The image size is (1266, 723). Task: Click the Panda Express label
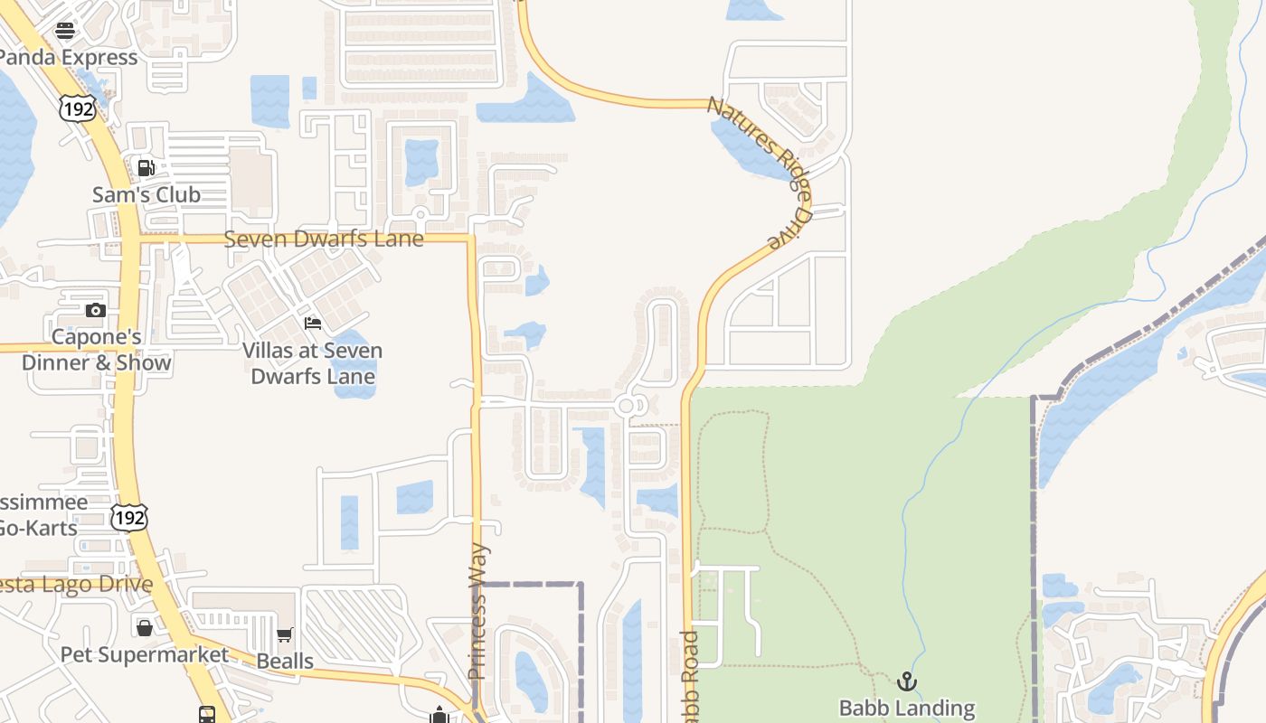[x=69, y=57]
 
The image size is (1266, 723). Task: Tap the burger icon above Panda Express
[x=65, y=31]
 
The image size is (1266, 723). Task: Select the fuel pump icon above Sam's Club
[x=145, y=167]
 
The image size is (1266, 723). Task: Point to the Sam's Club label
[x=146, y=194]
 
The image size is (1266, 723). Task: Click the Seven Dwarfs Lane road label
[x=323, y=239]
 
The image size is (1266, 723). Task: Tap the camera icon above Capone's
[x=95, y=310]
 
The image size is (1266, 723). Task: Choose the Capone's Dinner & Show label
[x=96, y=350]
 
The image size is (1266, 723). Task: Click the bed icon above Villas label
[x=313, y=323]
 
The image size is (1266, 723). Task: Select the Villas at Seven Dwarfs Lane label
[x=313, y=363]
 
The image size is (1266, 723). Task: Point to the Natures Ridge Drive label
[x=761, y=171]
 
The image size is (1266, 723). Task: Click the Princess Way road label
[x=478, y=611]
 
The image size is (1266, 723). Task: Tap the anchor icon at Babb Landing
[x=907, y=681]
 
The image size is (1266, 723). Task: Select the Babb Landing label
[x=907, y=708]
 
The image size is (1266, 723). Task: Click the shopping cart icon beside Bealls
[x=285, y=635]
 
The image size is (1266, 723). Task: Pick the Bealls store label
[x=285, y=661]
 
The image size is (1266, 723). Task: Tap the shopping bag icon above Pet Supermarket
[x=145, y=627]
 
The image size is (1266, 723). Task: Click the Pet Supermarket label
[x=145, y=653]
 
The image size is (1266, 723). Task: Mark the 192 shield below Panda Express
[x=76, y=109]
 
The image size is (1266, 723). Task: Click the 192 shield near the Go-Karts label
[x=128, y=518]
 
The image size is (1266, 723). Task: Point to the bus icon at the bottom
[x=207, y=714]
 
